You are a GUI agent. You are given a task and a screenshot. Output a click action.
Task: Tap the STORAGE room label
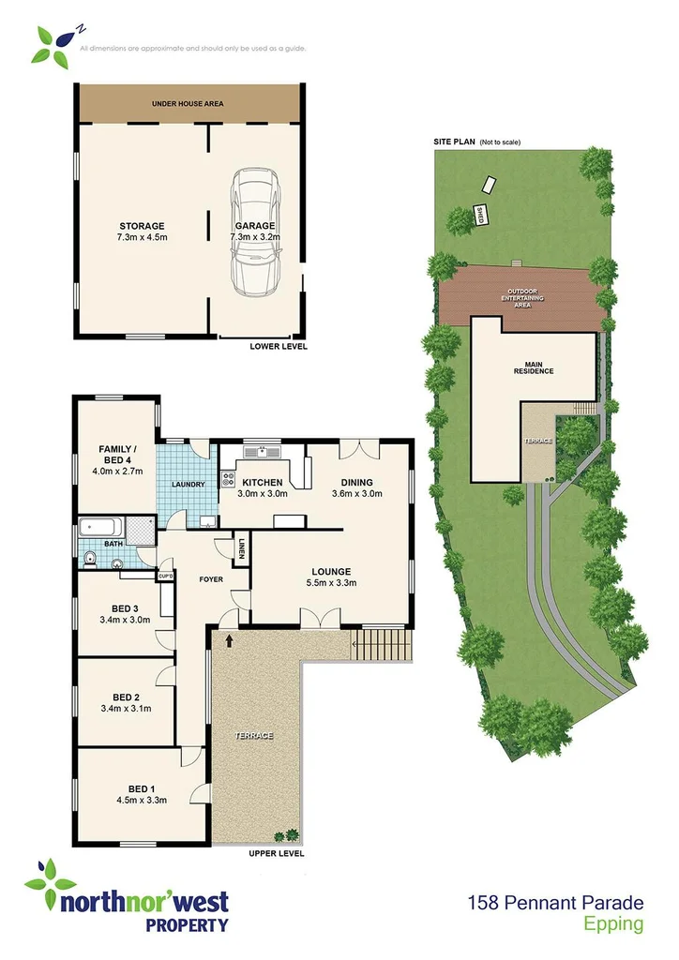click(x=142, y=226)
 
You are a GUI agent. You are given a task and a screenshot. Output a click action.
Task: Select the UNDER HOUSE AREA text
click(x=189, y=103)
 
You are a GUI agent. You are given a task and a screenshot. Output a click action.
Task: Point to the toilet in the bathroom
click(x=90, y=562)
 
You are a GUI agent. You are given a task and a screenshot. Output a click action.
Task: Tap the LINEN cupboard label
click(x=242, y=548)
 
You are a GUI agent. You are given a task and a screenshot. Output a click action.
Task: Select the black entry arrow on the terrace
click(x=228, y=640)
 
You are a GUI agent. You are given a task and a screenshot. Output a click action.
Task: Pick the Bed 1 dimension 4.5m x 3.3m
click(x=141, y=801)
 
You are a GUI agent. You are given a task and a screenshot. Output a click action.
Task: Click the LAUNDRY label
click(x=188, y=485)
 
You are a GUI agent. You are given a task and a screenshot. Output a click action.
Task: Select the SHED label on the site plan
click(x=479, y=214)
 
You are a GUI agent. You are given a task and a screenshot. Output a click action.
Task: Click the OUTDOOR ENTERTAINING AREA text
click(x=524, y=297)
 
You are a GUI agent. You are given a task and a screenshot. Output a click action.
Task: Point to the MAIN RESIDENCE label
click(x=533, y=366)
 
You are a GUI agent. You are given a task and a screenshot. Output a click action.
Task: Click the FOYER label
click(x=211, y=579)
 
